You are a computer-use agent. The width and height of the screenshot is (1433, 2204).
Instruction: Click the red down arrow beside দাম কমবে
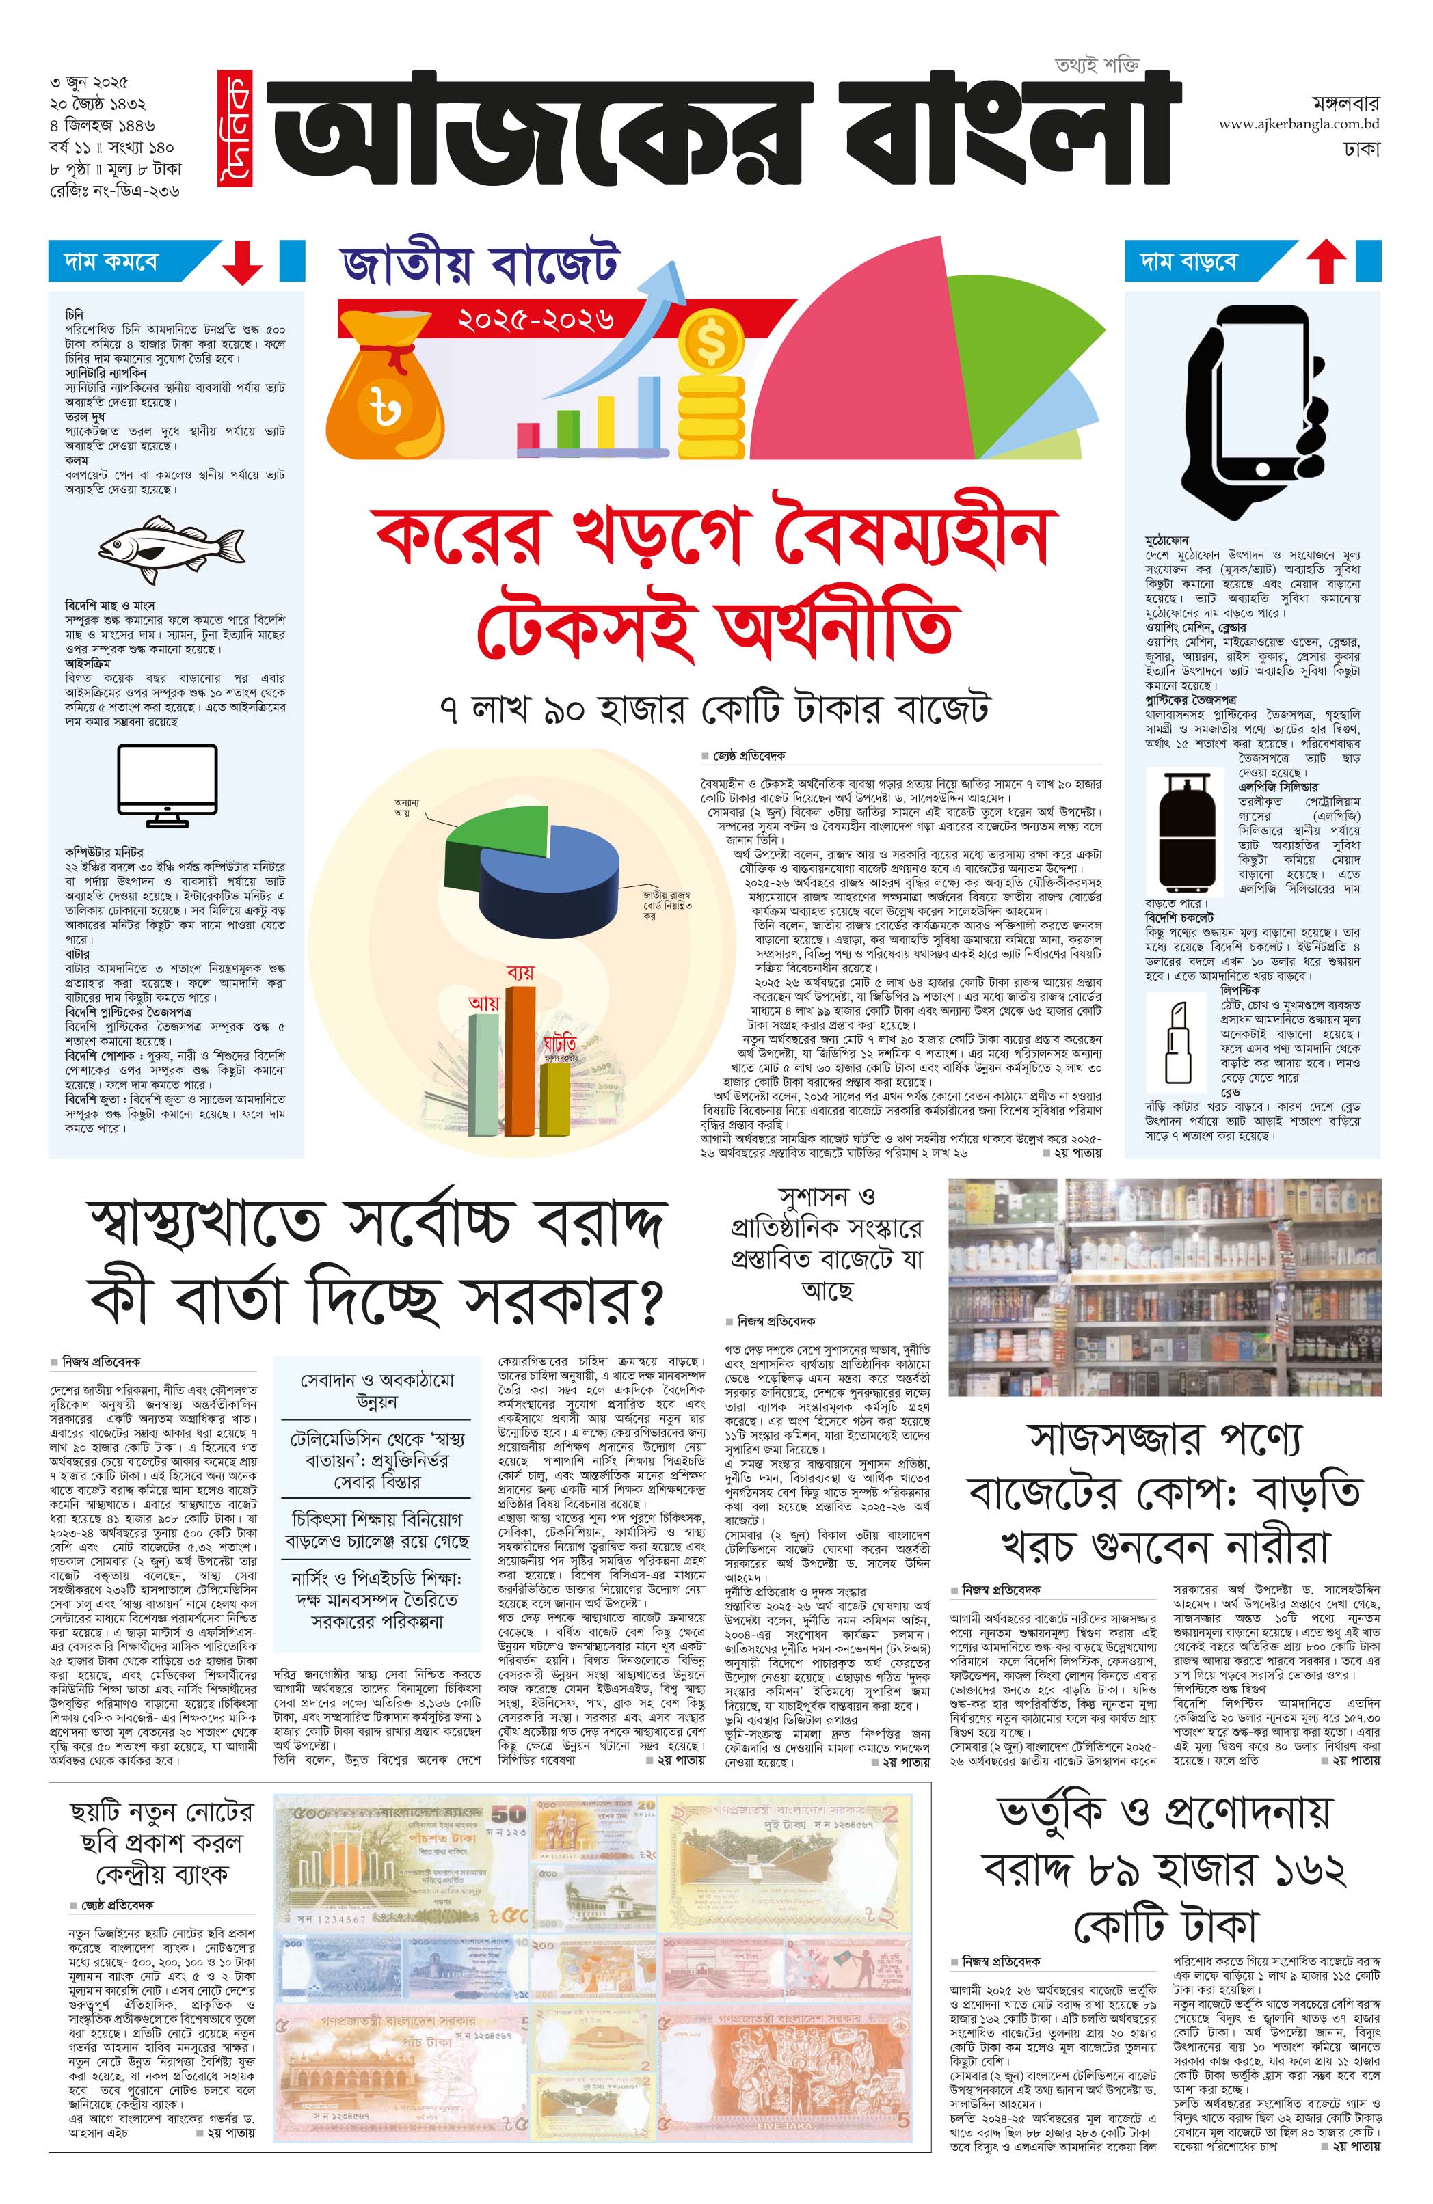click(x=242, y=262)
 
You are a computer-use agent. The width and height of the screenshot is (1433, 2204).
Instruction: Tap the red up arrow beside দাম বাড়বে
click(x=1326, y=261)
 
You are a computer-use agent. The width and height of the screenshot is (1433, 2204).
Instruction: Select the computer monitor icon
click(x=168, y=786)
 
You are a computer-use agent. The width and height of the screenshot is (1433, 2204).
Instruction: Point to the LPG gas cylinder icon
click(x=1187, y=828)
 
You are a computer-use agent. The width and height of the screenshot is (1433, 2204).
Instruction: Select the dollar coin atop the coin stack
click(x=710, y=342)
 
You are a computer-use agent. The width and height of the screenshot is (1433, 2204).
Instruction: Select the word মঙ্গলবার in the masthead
click(x=1345, y=102)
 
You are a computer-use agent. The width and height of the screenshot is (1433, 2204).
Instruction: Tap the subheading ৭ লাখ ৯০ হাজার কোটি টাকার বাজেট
click(x=714, y=710)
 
